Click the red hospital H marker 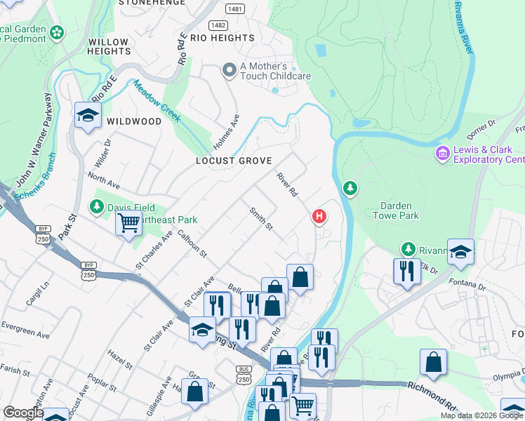click(319, 216)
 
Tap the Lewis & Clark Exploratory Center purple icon click(442, 153)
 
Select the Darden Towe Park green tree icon click(350, 188)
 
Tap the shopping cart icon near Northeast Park click(128, 224)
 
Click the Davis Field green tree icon click(97, 206)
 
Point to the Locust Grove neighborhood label click(233, 161)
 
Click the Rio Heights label click(222, 38)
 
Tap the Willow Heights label click(108, 47)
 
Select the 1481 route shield click(235, 8)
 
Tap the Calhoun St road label click(192, 243)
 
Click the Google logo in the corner click(23, 413)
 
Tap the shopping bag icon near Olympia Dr click(433, 363)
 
